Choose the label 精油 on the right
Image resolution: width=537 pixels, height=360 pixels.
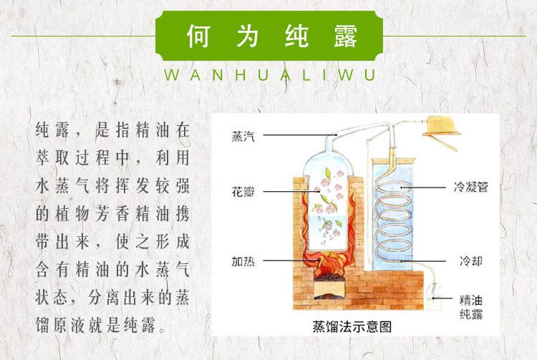[470, 298]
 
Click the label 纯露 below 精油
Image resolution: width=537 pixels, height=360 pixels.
[470, 312]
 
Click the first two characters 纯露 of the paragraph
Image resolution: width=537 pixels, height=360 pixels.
[52, 130]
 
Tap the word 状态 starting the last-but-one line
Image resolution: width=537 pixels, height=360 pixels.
[52, 295]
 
